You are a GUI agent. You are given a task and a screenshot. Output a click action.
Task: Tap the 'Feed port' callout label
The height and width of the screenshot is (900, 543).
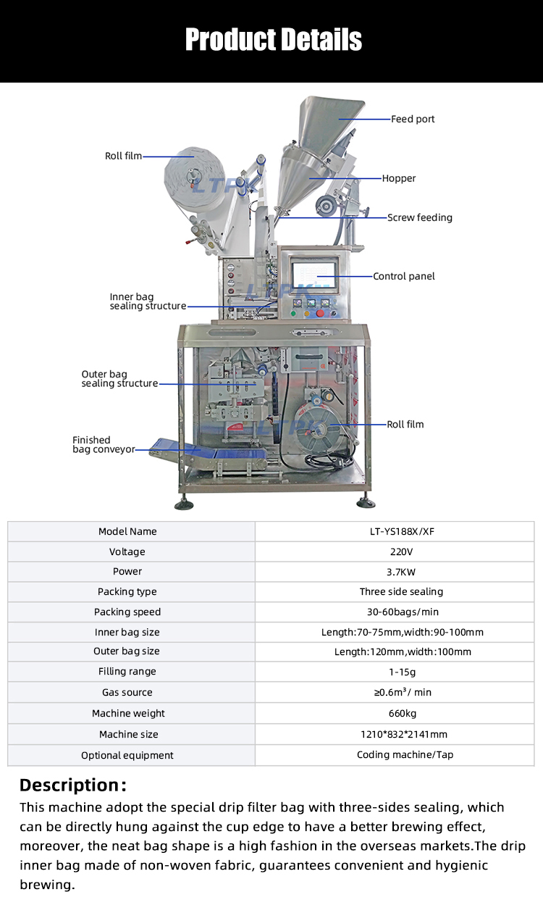(413, 119)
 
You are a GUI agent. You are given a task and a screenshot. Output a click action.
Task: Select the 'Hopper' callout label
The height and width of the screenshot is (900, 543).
(399, 178)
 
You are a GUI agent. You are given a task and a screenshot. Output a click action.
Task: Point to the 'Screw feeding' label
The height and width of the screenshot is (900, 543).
(419, 217)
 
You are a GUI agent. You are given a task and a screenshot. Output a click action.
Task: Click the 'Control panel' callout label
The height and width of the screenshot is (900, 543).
(403, 276)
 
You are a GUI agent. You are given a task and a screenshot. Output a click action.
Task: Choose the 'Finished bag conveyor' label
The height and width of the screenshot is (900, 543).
(104, 445)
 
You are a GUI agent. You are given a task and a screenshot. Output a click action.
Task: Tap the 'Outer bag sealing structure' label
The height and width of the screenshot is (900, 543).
(119, 379)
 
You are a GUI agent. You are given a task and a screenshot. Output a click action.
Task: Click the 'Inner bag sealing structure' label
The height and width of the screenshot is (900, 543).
(148, 301)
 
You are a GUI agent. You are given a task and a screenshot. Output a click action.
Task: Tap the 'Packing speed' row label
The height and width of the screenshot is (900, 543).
(127, 612)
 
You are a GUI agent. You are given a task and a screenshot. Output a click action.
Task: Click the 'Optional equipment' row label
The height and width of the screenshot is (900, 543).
(127, 755)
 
